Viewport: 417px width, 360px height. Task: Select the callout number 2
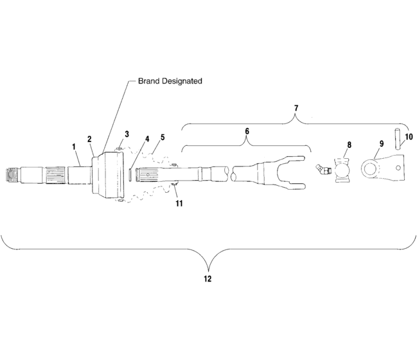click(90, 139)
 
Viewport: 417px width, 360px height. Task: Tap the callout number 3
click(127, 134)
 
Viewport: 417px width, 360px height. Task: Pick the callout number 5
click(163, 137)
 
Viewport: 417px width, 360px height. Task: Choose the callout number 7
click(296, 107)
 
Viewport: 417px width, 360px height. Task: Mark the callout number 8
click(349, 145)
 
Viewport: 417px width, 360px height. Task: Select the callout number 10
click(409, 137)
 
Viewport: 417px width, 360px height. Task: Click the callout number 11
click(179, 203)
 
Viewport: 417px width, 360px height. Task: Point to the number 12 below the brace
click(207, 279)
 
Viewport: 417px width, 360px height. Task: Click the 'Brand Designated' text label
click(170, 82)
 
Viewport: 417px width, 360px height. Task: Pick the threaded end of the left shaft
click(12, 174)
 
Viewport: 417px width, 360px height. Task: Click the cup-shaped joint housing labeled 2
click(105, 174)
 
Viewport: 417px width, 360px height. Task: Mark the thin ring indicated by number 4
click(131, 174)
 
